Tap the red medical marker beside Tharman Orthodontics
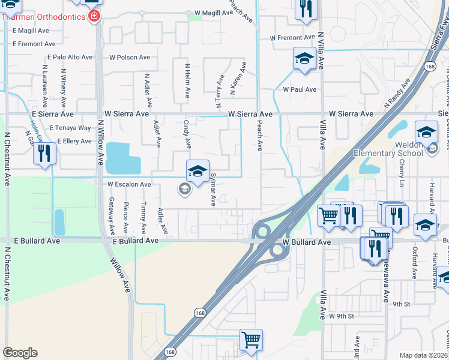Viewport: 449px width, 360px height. [x=93, y=17]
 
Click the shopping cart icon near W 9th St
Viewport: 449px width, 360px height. [x=252, y=340]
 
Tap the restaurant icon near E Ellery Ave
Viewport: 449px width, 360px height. [x=44, y=154]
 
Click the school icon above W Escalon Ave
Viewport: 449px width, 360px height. [x=197, y=172]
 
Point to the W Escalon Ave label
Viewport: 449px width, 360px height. [x=129, y=184]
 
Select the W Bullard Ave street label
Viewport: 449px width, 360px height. [x=307, y=242]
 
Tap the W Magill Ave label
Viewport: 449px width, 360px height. [x=213, y=13]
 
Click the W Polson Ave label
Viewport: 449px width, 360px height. [x=130, y=58]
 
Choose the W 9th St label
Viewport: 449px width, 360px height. [x=342, y=316]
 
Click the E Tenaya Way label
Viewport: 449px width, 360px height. [x=70, y=128]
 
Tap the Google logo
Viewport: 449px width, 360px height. [x=20, y=353]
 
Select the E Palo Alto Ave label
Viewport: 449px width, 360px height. [x=70, y=58]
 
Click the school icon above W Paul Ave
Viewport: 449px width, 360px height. [x=304, y=59]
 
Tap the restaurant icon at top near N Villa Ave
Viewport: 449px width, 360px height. [x=306, y=9]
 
